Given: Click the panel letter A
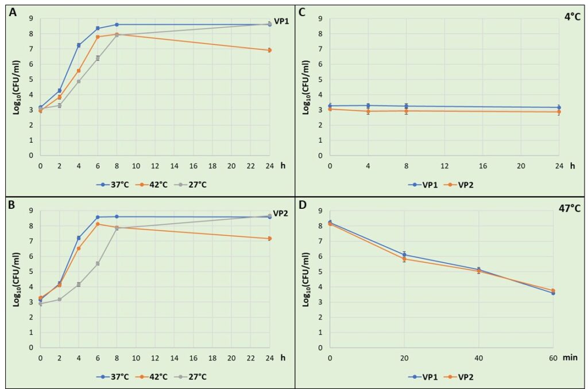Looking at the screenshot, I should [13, 14].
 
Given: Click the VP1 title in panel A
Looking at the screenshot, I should [281, 21].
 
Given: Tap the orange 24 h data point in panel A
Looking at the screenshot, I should [270, 50].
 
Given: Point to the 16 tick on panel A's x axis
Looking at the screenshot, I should [193, 165].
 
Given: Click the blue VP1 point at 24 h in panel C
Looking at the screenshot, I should [559, 107].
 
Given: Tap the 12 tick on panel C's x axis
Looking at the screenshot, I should [444, 165].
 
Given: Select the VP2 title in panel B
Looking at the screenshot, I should [281, 213].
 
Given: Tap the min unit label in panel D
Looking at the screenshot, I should [570, 357].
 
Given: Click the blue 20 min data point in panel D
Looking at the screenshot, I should [404, 255].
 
